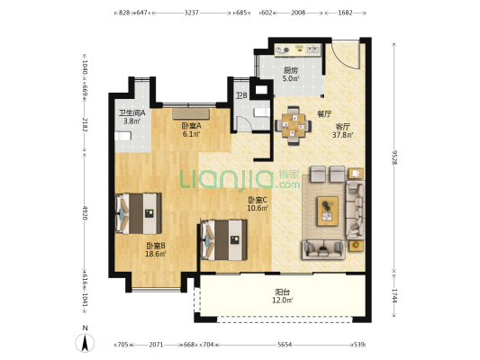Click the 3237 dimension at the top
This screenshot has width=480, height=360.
coord(191,13)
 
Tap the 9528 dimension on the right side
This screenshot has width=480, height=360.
coord(394,157)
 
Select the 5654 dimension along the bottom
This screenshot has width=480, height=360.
coord(285,345)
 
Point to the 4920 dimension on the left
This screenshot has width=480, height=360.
coord(85,212)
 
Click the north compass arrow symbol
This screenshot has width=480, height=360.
coord(85,343)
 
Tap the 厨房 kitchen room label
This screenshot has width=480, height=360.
coord(290,70)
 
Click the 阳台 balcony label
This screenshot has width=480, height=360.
coord(283,292)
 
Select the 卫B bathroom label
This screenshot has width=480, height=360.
coord(241,95)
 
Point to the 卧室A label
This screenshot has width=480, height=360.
coord(191,126)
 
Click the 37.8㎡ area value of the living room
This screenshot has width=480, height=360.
coord(343,135)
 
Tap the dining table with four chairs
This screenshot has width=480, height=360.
coord(294,125)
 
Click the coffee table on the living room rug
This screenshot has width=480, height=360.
coord(328,211)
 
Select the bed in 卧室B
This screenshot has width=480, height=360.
coord(139,213)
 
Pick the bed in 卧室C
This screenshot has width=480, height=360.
coord(223,239)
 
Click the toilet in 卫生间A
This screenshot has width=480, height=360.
coord(123,136)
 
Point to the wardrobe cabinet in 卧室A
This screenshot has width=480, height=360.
coord(191,113)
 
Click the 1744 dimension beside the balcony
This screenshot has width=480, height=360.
coord(394,296)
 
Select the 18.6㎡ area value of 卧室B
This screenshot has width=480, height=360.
coord(156,254)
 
